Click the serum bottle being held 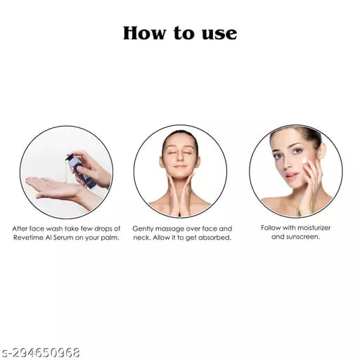pos(82,170)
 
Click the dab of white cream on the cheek pos(304,161)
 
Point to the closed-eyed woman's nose pos(180,157)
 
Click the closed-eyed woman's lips pos(180,167)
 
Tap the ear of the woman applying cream pos(323,150)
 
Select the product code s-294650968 pos(40,353)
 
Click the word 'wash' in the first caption pos(55,229)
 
